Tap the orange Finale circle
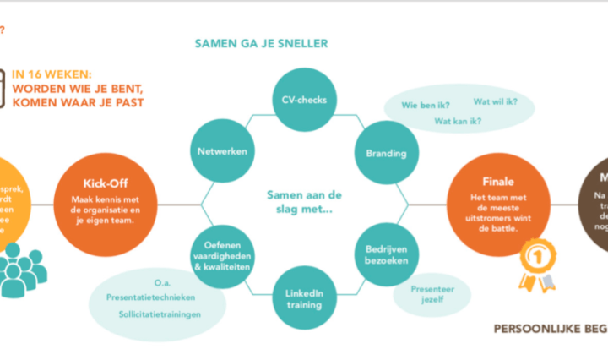[491, 203]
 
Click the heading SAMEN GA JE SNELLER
[261, 43]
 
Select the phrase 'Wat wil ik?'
[495, 101]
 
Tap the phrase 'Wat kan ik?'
[457, 121]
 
